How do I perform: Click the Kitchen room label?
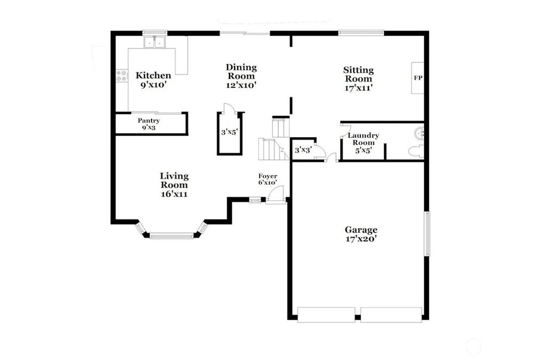pos(153,76)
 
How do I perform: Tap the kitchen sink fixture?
pos(155,42)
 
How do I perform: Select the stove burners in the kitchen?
pos(122,76)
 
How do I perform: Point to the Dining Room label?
pos(242,71)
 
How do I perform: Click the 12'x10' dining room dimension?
pos(242,85)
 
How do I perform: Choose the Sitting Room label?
pos(359,74)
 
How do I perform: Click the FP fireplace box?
pos(418,78)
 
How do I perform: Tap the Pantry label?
pos(149,121)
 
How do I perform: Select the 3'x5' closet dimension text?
pos(229,132)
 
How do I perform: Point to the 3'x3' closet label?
pos(303,150)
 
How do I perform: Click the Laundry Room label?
pos(364,139)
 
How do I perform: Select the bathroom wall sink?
pos(420,133)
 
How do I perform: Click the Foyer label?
pos(268,176)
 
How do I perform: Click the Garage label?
pos(361,230)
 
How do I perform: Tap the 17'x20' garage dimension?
pos(361,239)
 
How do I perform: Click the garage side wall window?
pos(427,234)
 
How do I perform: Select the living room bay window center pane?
pos(172,236)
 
